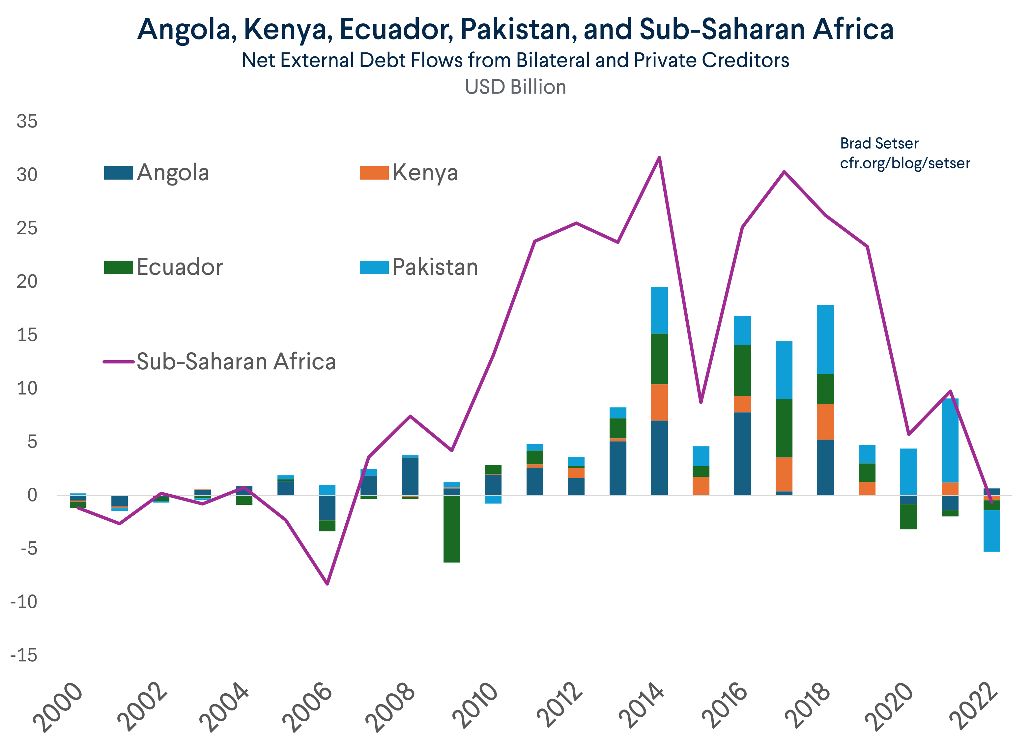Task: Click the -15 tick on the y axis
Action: [24, 655]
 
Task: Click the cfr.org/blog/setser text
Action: [904, 163]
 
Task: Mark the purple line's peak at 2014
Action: [659, 158]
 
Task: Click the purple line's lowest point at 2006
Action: [327, 584]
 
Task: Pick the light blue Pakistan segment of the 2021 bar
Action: [950, 441]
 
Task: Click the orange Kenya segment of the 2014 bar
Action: [659, 403]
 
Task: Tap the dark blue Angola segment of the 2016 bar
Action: [742, 453]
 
